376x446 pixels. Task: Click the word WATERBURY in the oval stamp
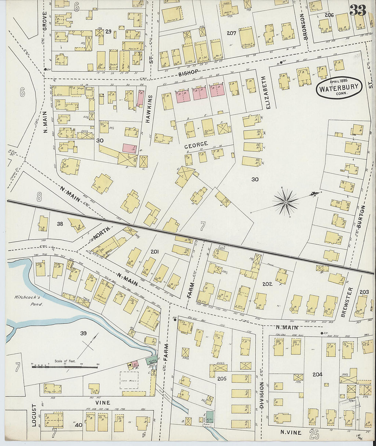pyautogui.click(x=339, y=87)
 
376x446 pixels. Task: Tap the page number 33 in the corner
pyautogui.click(x=358, y=10)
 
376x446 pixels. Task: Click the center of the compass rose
pyautogui.click(x=285, y=203)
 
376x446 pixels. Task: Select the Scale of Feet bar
pyautogui.click(x=65, y=367)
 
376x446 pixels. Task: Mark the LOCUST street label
pyautogui.click(x=34, y=416)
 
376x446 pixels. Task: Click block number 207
pyautogui.click(x=231, y=33)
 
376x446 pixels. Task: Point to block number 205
pyautogui.click(x=222, y=378)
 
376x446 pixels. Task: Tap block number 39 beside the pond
pyautogui.click(x=83, y=333)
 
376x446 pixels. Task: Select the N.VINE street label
pyautogui.click(x=291, y=432)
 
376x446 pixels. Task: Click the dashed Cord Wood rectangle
pyautogui.click(x=129, y=380)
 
